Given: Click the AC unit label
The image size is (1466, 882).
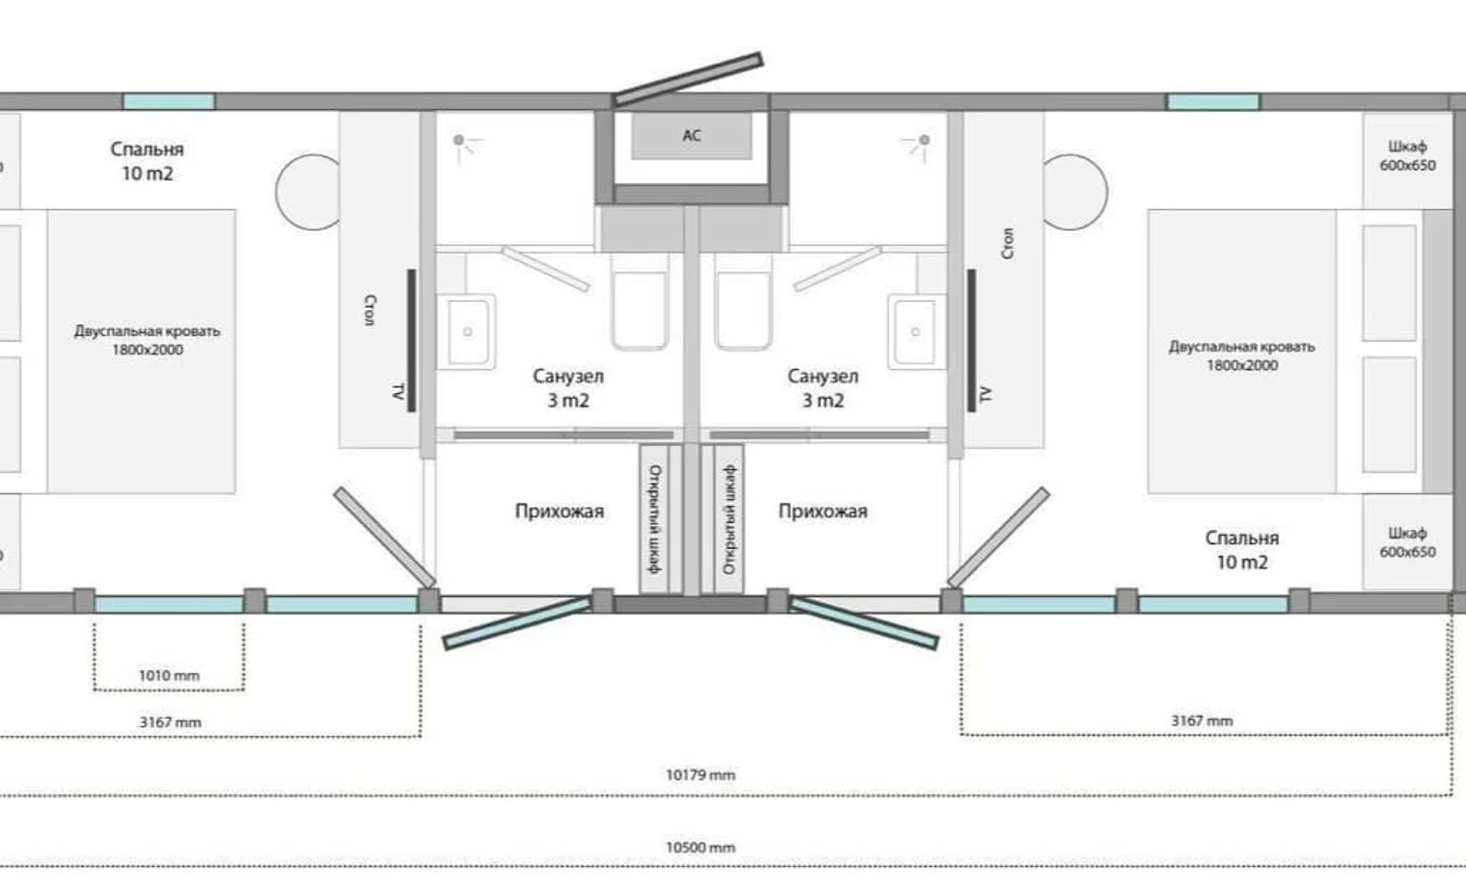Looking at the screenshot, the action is tap(692, 135).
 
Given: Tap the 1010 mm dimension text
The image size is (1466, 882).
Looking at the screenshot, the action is tap(169, 675).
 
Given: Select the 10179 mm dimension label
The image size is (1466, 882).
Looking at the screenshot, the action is tap(700, 775).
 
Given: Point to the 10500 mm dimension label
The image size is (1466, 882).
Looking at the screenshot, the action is tap(700, 848).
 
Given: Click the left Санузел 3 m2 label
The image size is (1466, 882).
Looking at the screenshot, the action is tap(568, 389).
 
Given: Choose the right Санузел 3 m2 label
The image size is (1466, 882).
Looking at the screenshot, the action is tap(822, 389).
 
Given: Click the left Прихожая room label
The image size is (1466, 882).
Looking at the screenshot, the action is tap(560, 511).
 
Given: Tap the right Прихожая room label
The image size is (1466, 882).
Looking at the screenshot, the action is tap(822, 511).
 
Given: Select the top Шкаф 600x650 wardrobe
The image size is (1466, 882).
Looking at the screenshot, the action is tap(1408, 160).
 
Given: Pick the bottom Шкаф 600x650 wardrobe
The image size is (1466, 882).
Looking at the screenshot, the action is tap(1408, 542).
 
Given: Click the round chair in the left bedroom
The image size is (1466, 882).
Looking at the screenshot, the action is tap(309, 192).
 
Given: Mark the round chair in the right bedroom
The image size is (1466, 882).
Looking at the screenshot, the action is tap(1075, 192).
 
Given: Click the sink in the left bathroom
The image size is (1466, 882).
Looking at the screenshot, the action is tap(467, 331).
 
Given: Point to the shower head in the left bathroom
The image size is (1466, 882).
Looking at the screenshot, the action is tap(465, 146).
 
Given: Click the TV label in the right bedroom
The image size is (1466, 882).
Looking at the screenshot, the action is tap(986, 394).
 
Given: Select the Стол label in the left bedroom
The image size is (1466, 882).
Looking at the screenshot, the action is tap(370, 310).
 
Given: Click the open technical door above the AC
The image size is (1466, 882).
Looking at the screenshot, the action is tap(688, 80).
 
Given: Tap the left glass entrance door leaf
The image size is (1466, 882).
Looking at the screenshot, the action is tap(517, 623).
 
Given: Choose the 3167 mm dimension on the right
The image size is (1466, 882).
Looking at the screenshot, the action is tap(1201, 721).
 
